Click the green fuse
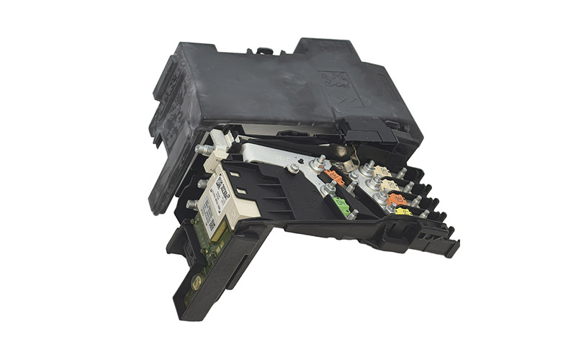(x=343, y=207)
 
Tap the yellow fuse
(x=404, y=212)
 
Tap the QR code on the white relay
(x=212, y=225)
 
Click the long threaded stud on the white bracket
(x=205, y=148)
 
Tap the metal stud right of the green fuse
(x=354, y=214)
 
